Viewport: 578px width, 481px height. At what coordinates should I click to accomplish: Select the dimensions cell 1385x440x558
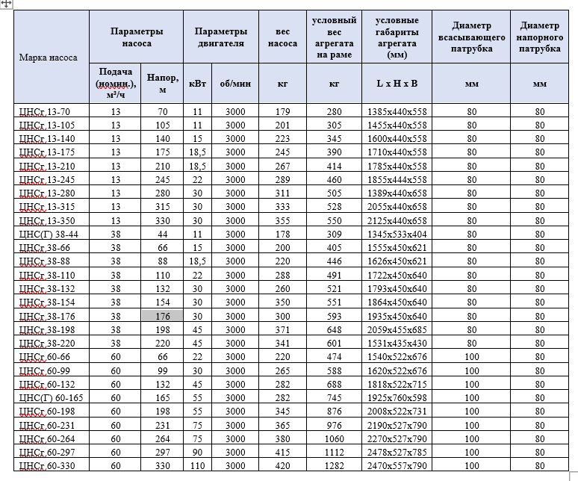[397, 111]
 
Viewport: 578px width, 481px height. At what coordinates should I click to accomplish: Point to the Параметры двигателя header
[220, 37]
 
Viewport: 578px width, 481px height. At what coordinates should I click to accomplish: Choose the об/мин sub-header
[235, 84]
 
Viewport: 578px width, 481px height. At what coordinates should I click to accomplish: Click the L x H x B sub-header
[397, 84]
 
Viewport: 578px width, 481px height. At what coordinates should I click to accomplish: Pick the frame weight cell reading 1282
[334, 465]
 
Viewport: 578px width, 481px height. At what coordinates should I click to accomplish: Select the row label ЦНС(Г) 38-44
[47, 234]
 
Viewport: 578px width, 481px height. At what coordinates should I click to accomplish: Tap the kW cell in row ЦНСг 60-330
[197, 465]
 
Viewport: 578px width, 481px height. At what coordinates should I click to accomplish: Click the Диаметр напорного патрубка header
[540, 37]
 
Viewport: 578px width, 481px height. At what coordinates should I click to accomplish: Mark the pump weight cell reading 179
[282, 111]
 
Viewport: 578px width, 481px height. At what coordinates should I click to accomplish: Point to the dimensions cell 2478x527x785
[397, 451]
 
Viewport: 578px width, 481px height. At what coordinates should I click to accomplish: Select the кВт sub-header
[197, 84]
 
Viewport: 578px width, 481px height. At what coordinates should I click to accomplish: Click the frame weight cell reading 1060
[334, 438]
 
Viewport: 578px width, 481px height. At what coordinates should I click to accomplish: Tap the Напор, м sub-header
[163, 83]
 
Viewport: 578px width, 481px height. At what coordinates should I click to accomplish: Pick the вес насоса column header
[282, 37]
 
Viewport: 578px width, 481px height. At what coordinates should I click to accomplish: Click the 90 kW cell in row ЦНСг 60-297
[197, 451]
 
